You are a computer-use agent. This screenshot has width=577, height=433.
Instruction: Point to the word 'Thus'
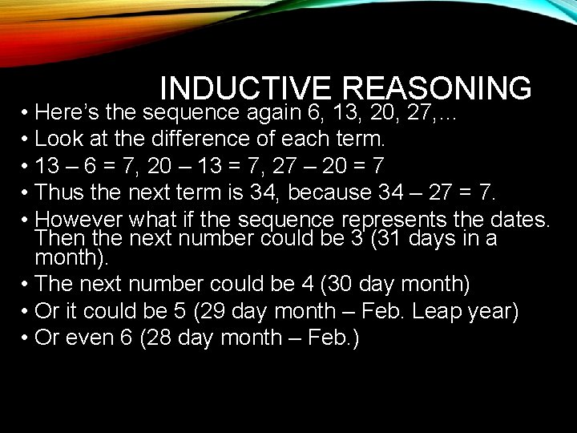click(x=62, y=192)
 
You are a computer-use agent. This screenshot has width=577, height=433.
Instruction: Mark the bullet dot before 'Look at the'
click(x=26, y=139)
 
